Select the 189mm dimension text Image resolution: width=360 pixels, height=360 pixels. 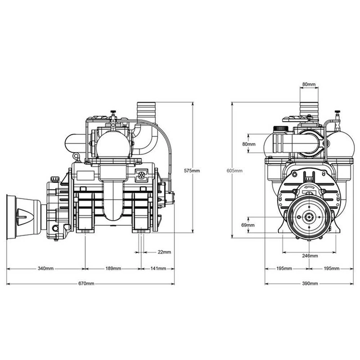pos(113,268)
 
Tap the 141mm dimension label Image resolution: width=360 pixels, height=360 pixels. pos(158,268)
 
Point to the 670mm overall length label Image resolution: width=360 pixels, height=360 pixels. pos(86,284)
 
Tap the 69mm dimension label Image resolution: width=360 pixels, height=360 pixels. pos(248,225)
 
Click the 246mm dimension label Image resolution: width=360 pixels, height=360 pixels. pos(309,256)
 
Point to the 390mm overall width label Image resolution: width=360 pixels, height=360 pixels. pos(310,284)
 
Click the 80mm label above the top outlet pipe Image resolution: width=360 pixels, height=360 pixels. pos(309,83)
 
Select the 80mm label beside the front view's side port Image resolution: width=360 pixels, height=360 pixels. pos(248,145)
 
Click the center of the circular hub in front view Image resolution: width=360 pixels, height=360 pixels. pos(309,217)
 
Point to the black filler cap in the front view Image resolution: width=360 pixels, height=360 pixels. pos(280,127)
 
